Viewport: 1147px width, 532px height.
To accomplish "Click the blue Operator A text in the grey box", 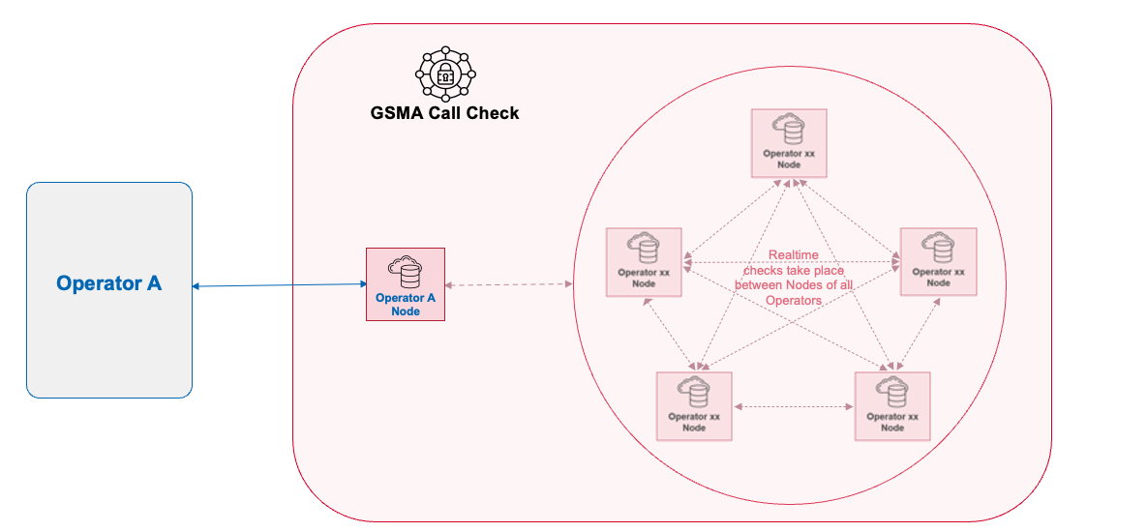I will coord(108,283).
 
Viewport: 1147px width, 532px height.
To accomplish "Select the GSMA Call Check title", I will coord(444,113).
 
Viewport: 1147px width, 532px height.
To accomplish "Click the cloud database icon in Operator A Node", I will coord(405,273).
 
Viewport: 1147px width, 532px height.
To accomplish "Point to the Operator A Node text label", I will coord(405,305).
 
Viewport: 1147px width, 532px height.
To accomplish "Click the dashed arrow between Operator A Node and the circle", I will coord(509,284).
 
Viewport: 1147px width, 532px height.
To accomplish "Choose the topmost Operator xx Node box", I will coord(789,143).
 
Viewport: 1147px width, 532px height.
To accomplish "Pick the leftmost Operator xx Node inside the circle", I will coord(644,262).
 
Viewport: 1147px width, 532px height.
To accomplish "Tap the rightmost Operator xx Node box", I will coord(938,262).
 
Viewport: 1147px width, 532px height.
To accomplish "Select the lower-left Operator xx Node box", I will coord(694,406).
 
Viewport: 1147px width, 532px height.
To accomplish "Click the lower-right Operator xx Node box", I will coord(891,406).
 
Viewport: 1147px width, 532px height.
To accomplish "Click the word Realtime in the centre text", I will coord(793,255).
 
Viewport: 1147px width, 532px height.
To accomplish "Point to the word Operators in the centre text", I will coord(793,301).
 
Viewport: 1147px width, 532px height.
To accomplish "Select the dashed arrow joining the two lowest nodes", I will coord(793,406).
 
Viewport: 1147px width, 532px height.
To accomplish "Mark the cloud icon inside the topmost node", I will coord(788,129).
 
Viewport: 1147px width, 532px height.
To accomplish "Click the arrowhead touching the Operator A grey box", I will coord(196,286).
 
